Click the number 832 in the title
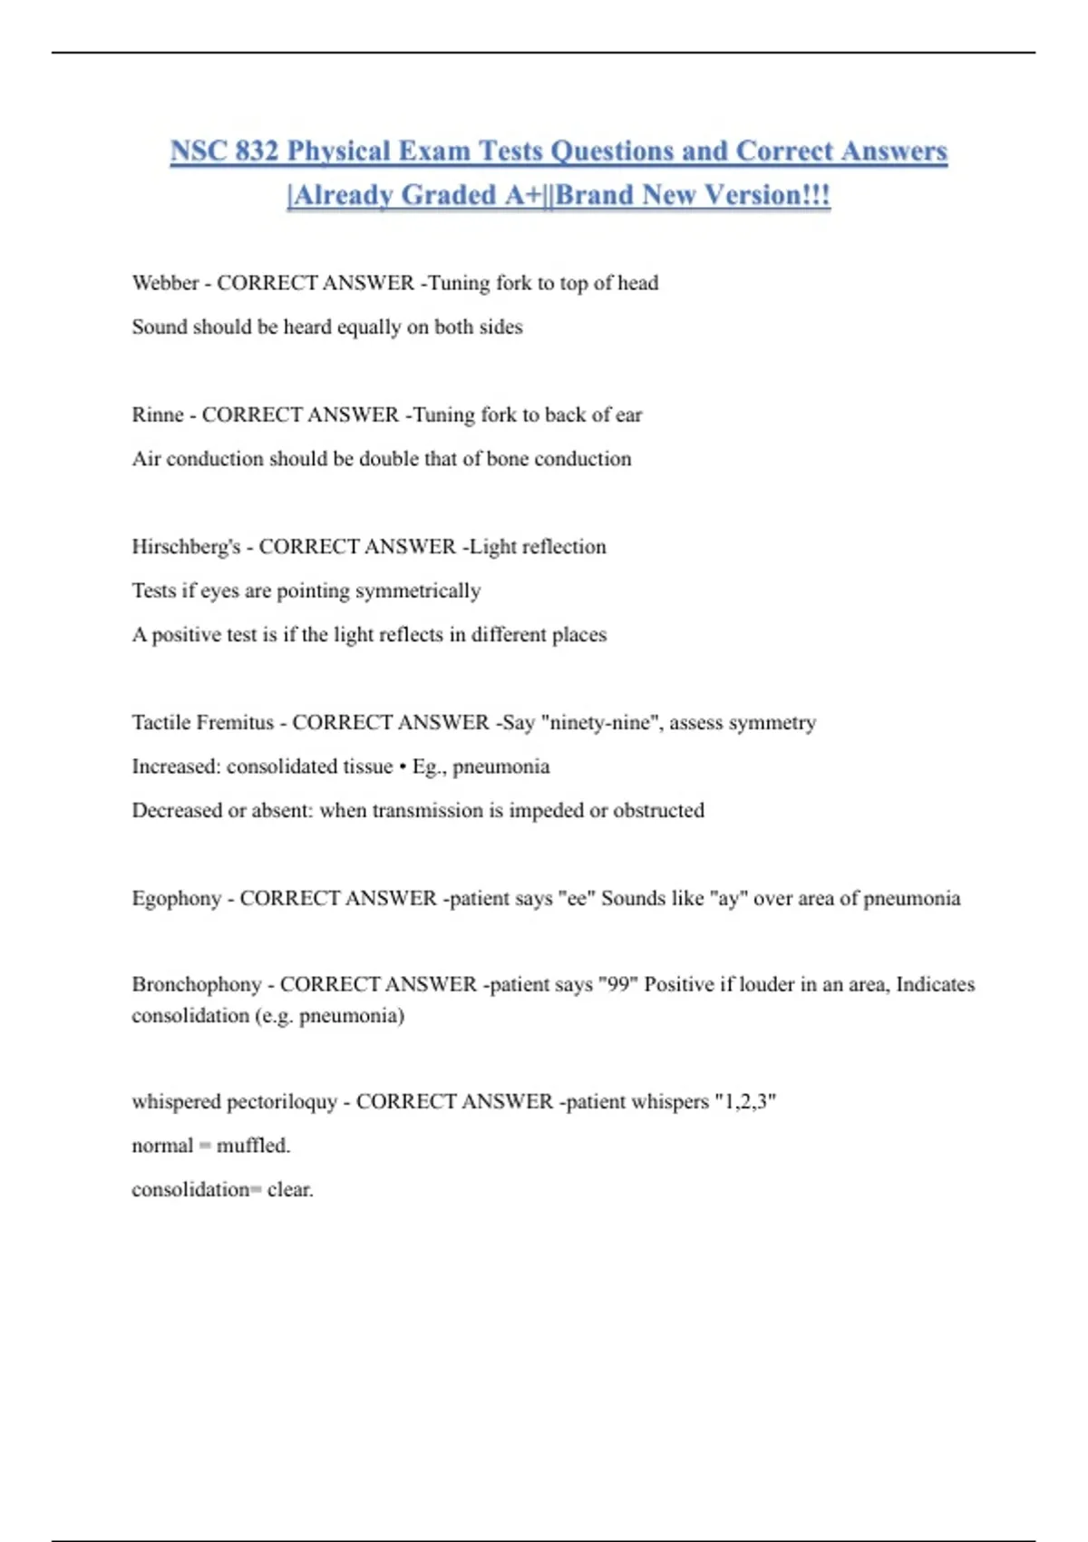click(x=256, y=151)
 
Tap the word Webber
click(x=165, y=283)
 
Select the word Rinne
click(x=158, y=415)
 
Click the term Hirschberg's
click(x=186, y=547)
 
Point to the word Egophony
click(x=176, y=898)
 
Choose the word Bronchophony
click(x=196, y=984)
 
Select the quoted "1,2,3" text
click(x=745, y=1102)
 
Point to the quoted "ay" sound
click(x=728, y=898)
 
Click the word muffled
click(x=253, y=1146)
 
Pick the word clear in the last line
click(x=290, y=1189)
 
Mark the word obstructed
click(x=658, y=810)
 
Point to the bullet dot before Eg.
click(x=402, y=766)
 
